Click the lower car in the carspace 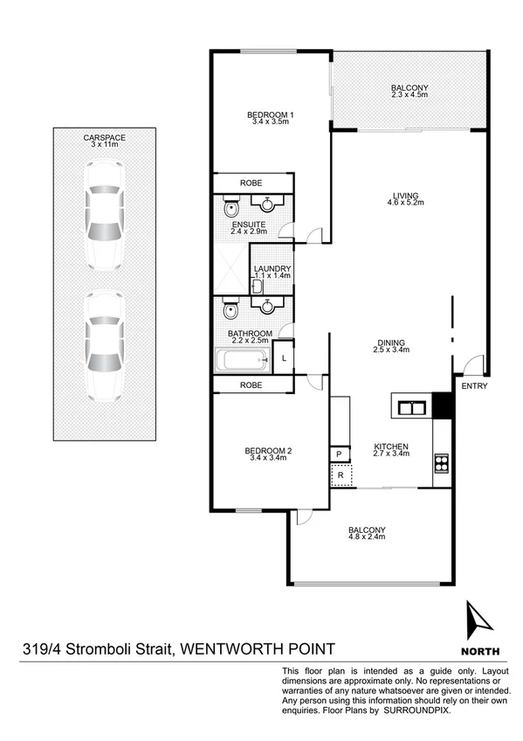coord(102,343)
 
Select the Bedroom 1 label coord(270,119)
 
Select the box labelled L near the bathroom coord(284,357)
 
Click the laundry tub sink coord(258,286)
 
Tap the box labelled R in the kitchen coord(340,476)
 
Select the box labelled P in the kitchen coord(339,454)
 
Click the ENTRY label coord(473,386)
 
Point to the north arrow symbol coord(479,623)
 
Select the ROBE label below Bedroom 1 coord(251,183)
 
